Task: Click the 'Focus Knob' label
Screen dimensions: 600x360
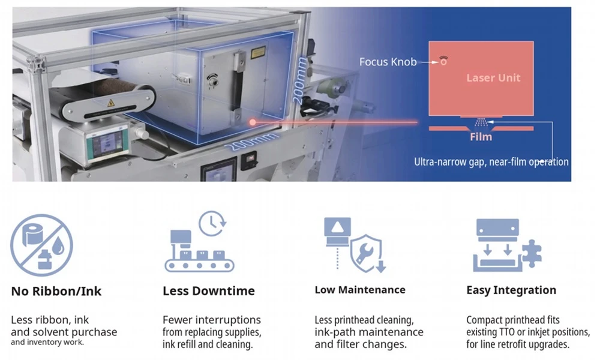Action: point(388,62)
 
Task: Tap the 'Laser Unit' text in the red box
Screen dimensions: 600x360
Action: point(493,77)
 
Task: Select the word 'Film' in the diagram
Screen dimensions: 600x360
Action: point(481,137)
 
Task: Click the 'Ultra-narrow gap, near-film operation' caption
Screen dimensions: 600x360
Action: point(491,162)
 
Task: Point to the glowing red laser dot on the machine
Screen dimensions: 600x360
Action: point(253,122)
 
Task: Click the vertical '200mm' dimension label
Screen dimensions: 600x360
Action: point(299,80)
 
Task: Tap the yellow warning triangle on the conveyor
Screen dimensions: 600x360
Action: point(111,103)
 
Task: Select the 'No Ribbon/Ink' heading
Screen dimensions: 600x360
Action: point(56,291)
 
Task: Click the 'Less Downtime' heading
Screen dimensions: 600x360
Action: point(209,291)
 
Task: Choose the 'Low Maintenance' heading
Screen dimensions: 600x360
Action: point(359,290)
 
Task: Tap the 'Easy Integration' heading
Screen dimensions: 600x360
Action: point(511,290)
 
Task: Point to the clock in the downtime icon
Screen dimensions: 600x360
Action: point(212,223)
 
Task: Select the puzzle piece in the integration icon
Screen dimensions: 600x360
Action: point(532,253)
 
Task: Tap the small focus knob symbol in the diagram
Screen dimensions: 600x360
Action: point(443,61)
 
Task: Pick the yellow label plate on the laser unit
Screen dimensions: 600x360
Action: point(258,52)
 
